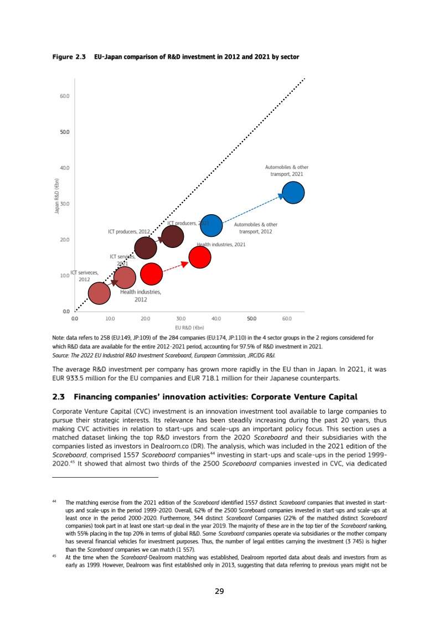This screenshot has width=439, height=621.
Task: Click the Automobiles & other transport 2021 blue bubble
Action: pyautogui.click(x=293, y=192)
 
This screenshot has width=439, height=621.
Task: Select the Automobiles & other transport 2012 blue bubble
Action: pyautogui.click(x=211, y=225)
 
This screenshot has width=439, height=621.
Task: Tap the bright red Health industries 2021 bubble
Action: pyautogui.click(x=200, y=257)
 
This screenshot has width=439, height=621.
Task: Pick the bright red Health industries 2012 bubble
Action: pyautogui.click(x=151, y=273)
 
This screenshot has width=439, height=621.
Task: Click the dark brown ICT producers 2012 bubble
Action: pyautogui.click(x=146, y=248)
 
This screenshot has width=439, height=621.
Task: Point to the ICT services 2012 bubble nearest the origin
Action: pyautogui.click(x=99, y=293)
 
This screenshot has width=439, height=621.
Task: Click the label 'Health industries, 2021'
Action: pyautogui.click(x=221, y=244)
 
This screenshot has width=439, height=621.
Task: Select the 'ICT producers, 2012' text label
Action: pyautogui.click(x=130, y=231)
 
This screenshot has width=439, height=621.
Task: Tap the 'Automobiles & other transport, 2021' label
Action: pyautogui.click(x=287, y=170)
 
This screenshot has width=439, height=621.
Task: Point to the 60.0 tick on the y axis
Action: pyautogui.click(x=64, y=96)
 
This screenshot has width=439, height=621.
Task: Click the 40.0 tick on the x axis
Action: pyautogui.click(x=216, y=319)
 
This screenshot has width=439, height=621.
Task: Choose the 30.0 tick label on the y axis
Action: pyautogui.click(x=64, y=204)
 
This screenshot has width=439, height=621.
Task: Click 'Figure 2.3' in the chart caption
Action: pyautogui.click(x=68, y=57)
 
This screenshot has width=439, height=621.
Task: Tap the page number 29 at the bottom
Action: pyautogui.click(x=219, y=592)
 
